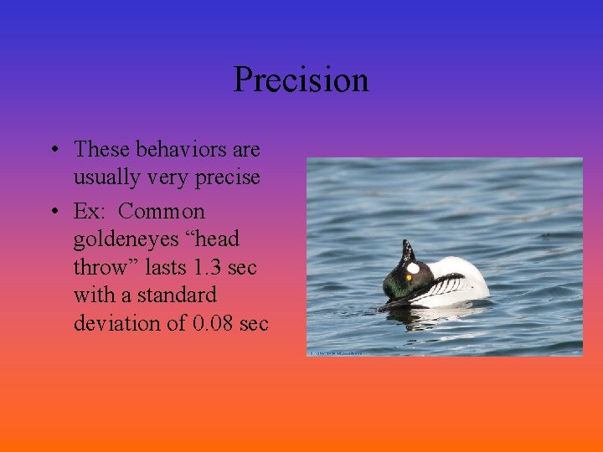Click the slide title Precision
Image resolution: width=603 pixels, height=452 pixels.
(x=301, y=80)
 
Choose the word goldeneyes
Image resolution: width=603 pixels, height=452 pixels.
(x=125, y=239)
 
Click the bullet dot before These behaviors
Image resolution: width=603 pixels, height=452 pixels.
(x=53, y=151)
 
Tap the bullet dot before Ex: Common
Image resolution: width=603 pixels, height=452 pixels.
(x=53, y=212)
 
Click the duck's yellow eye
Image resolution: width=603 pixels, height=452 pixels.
(x=409, y=277)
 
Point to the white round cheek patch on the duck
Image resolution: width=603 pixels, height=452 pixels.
(x=412, y=269)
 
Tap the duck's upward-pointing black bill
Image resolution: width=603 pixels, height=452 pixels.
(x=408, y=249)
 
